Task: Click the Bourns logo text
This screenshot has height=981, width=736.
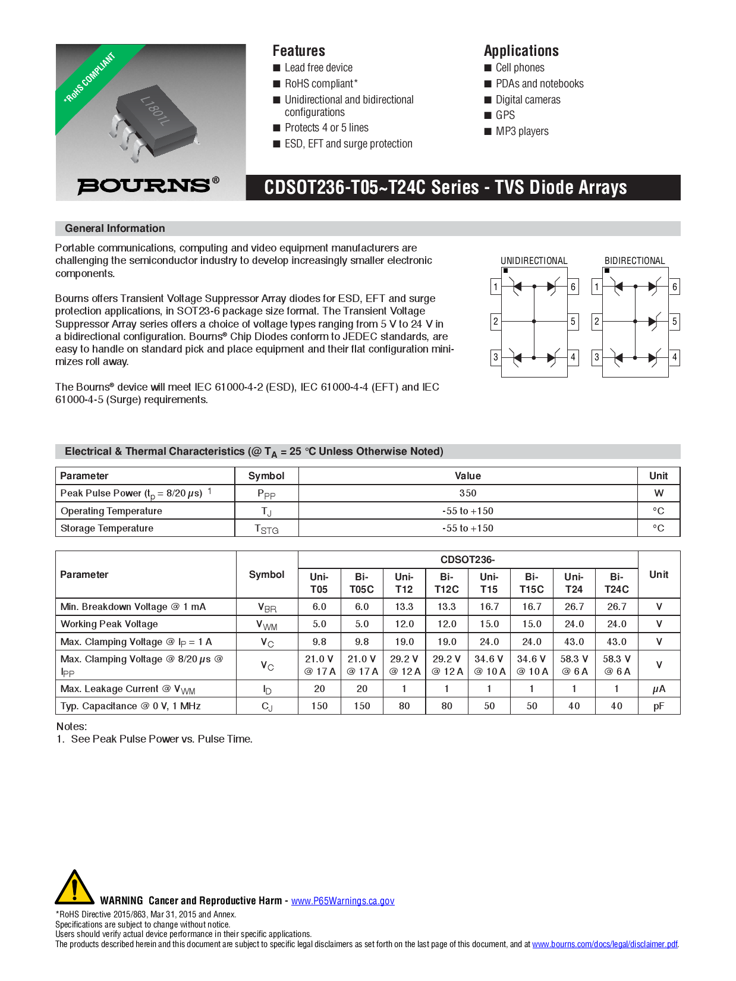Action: click(144, 185)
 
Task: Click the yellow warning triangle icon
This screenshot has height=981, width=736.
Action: click(74, 888)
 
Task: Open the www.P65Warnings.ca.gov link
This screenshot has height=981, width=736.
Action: click(342, 901)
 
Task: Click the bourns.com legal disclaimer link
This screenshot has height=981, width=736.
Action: click(605, 944)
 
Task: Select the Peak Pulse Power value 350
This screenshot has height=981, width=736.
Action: click(467, 493)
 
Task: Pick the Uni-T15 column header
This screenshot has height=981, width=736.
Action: click(489, 583)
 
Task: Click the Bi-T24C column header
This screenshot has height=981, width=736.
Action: click(617, 583)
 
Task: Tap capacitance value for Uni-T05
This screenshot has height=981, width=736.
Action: click(319, 706)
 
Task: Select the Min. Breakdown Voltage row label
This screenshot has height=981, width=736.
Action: click(133, 606)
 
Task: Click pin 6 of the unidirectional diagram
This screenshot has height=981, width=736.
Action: click(573, 287)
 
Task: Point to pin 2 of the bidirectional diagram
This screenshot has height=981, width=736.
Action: click(597, 322)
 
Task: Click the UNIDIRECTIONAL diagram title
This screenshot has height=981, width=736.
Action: click(534, 261)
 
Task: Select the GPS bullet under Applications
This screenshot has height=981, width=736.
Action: click(505, 115)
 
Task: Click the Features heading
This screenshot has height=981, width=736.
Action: click(298, 51)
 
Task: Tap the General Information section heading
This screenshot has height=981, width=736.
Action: click(115, 228)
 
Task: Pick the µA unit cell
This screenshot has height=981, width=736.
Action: click(659, 688)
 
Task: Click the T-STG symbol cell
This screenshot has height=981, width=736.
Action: click(266, 529)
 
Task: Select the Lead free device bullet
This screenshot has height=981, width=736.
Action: click(318, 68)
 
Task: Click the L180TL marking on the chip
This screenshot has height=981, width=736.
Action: click(155, 111)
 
